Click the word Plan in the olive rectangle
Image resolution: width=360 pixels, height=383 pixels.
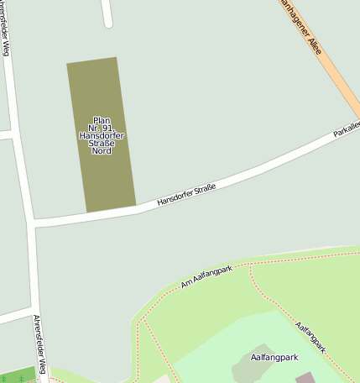102,120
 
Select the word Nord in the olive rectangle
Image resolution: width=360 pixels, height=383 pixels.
102,151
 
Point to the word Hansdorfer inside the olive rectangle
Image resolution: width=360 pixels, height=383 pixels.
102,136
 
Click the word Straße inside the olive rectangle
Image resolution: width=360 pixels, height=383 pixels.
102,144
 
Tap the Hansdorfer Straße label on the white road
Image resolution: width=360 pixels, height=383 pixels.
186,195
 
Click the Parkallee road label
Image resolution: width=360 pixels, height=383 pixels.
346,129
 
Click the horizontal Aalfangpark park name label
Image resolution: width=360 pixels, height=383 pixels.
276,356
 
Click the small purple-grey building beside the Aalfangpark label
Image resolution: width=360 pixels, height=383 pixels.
305,377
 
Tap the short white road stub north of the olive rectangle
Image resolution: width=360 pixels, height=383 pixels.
107,13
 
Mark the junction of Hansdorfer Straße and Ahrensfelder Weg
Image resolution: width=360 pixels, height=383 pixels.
34,223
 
